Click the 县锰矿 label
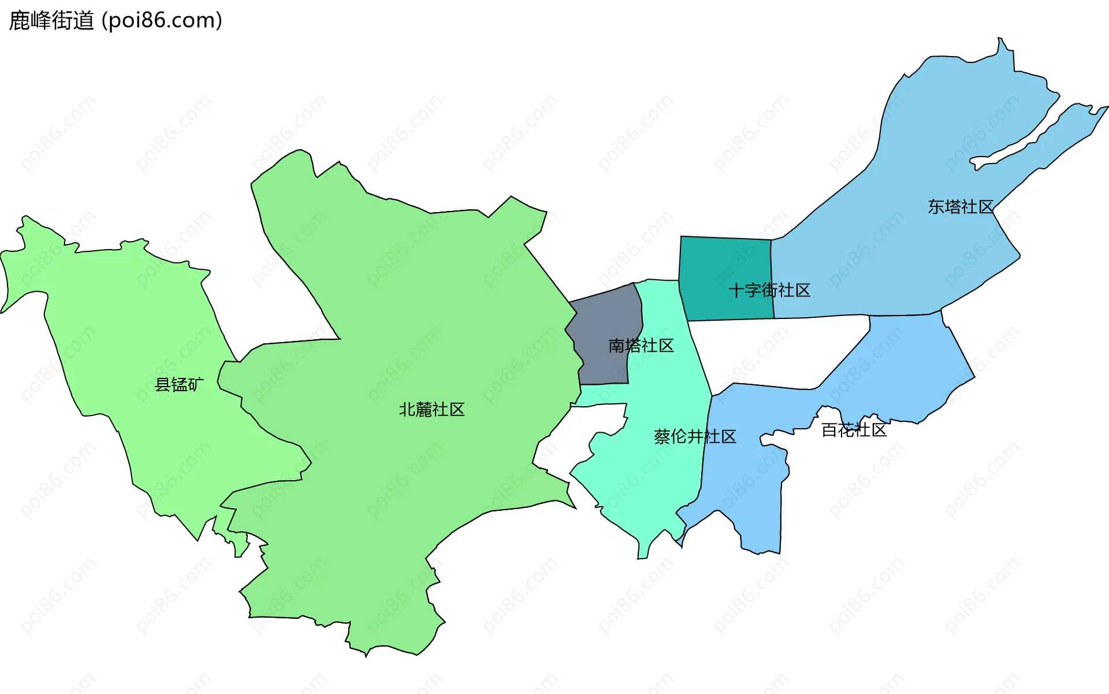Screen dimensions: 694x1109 179,384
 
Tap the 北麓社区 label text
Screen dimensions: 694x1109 431,410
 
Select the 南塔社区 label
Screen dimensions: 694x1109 641,346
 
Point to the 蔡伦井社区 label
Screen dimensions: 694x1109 695,437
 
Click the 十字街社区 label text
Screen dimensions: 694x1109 769,290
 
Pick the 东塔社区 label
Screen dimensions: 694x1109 961,207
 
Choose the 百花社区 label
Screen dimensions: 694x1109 854,430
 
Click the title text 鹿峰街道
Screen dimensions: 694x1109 51,20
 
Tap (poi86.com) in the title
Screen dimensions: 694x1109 162,20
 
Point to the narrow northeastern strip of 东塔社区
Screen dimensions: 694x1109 1069,133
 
